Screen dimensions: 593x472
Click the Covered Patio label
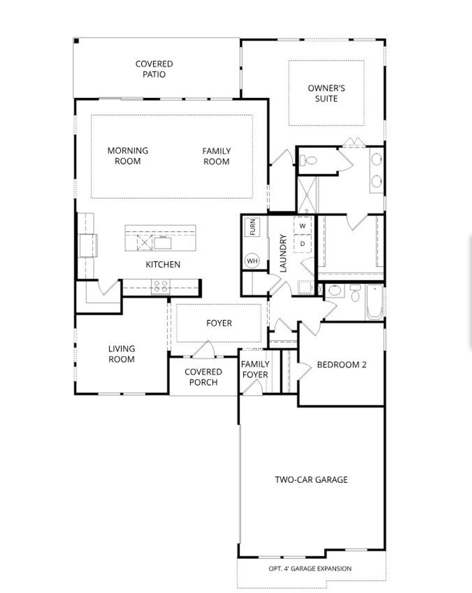[154, 69]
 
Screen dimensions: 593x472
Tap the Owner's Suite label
[326, 93]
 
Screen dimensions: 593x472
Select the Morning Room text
[128, 156]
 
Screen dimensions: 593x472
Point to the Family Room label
[216, 156]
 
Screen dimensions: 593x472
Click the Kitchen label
[163, 264]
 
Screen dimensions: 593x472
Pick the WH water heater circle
[252, 261]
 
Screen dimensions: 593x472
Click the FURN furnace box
[253, 227]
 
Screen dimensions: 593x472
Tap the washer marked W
[302, 226]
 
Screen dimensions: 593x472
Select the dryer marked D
[302, 244]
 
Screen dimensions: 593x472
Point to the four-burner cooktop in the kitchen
[161, 287]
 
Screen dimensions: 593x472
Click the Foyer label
[219, 323]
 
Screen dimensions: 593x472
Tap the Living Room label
[121, 354]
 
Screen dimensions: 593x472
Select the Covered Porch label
[203, 377]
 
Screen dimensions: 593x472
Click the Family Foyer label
[255, 369]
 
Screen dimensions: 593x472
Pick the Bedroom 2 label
[341, 365]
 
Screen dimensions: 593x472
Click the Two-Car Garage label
[311, 479]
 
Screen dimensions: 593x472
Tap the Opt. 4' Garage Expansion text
[310, 568]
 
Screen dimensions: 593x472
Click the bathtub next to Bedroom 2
[374, 302]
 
